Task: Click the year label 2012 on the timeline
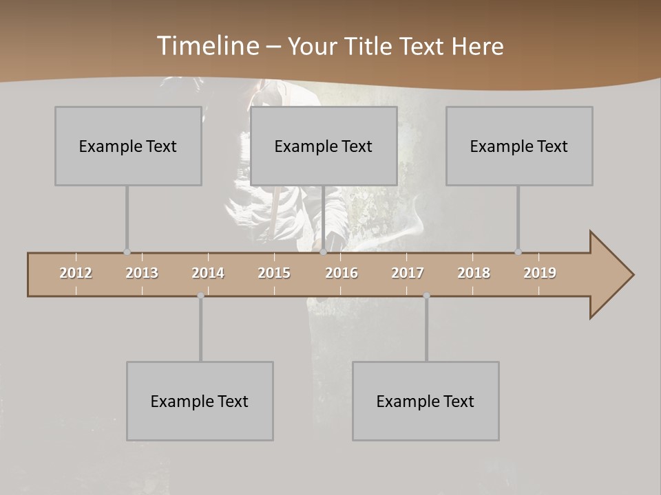tap(76, 273)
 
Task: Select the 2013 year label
tap(142, 273)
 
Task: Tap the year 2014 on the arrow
tap(208, 273)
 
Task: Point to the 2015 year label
tap(274, 273)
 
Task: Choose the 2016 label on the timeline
tap(342, 273)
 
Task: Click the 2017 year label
tap(408, 273)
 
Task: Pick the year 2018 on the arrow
tap(474, 273)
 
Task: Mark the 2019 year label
tap(540, 273)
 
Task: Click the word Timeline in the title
tap(207, 46)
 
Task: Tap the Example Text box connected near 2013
tap(128, 146)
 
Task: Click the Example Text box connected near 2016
tap(324, 146)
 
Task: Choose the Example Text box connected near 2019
tap(519, 146)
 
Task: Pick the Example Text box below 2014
tap(200, 401)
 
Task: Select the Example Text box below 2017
tap(426, 401)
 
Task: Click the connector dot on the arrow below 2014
tap(200, 296)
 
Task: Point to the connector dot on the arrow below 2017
tap(426, 296)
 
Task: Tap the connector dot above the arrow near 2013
tap(127, 252)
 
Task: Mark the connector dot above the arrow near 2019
tap(518, 252)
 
